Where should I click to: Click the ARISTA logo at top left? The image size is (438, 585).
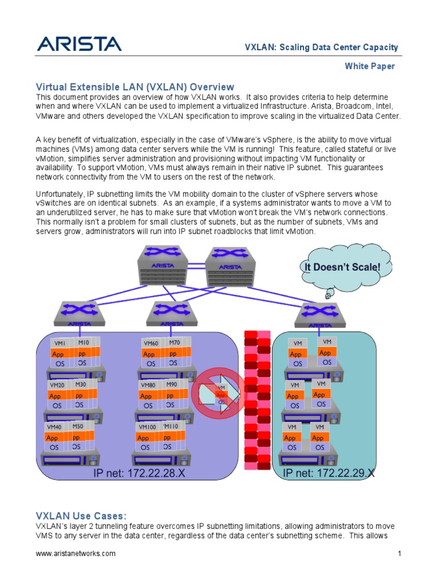[79, 45]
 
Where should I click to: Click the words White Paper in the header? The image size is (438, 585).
[370, 66]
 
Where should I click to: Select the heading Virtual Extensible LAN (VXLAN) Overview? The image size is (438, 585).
[135, 87]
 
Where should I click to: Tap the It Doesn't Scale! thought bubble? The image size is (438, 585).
[338, 267]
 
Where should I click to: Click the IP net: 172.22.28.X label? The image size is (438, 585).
[139, 474]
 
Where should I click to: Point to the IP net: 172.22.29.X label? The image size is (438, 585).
[329, 473]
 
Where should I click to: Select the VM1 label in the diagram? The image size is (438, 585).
[59, 343]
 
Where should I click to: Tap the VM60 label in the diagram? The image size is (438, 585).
[151, 343]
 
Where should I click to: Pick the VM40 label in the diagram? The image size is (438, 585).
[54, 427]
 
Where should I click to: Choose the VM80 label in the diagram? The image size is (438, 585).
[148, 385]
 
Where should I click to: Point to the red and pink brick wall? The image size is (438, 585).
[257, 399]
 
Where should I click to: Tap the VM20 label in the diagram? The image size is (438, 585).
[56, 385]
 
